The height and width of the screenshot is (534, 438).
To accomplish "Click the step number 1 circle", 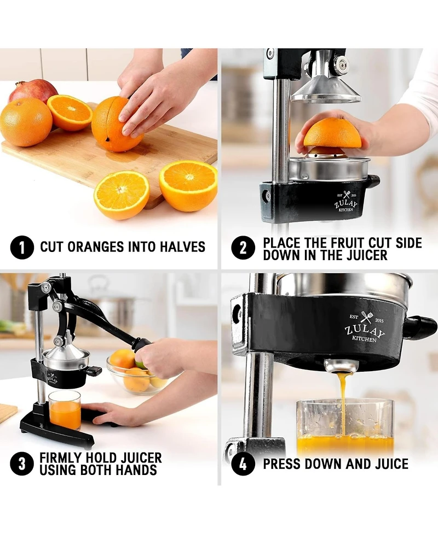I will (21, 247).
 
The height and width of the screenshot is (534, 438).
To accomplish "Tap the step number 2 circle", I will (243, 248).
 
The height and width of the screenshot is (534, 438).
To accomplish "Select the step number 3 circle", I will (21, 464).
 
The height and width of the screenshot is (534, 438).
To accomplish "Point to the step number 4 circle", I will (243, 464).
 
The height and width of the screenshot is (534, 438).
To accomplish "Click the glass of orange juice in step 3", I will (65, 410).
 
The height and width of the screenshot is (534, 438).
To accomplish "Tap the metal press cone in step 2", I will (325, 90).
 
